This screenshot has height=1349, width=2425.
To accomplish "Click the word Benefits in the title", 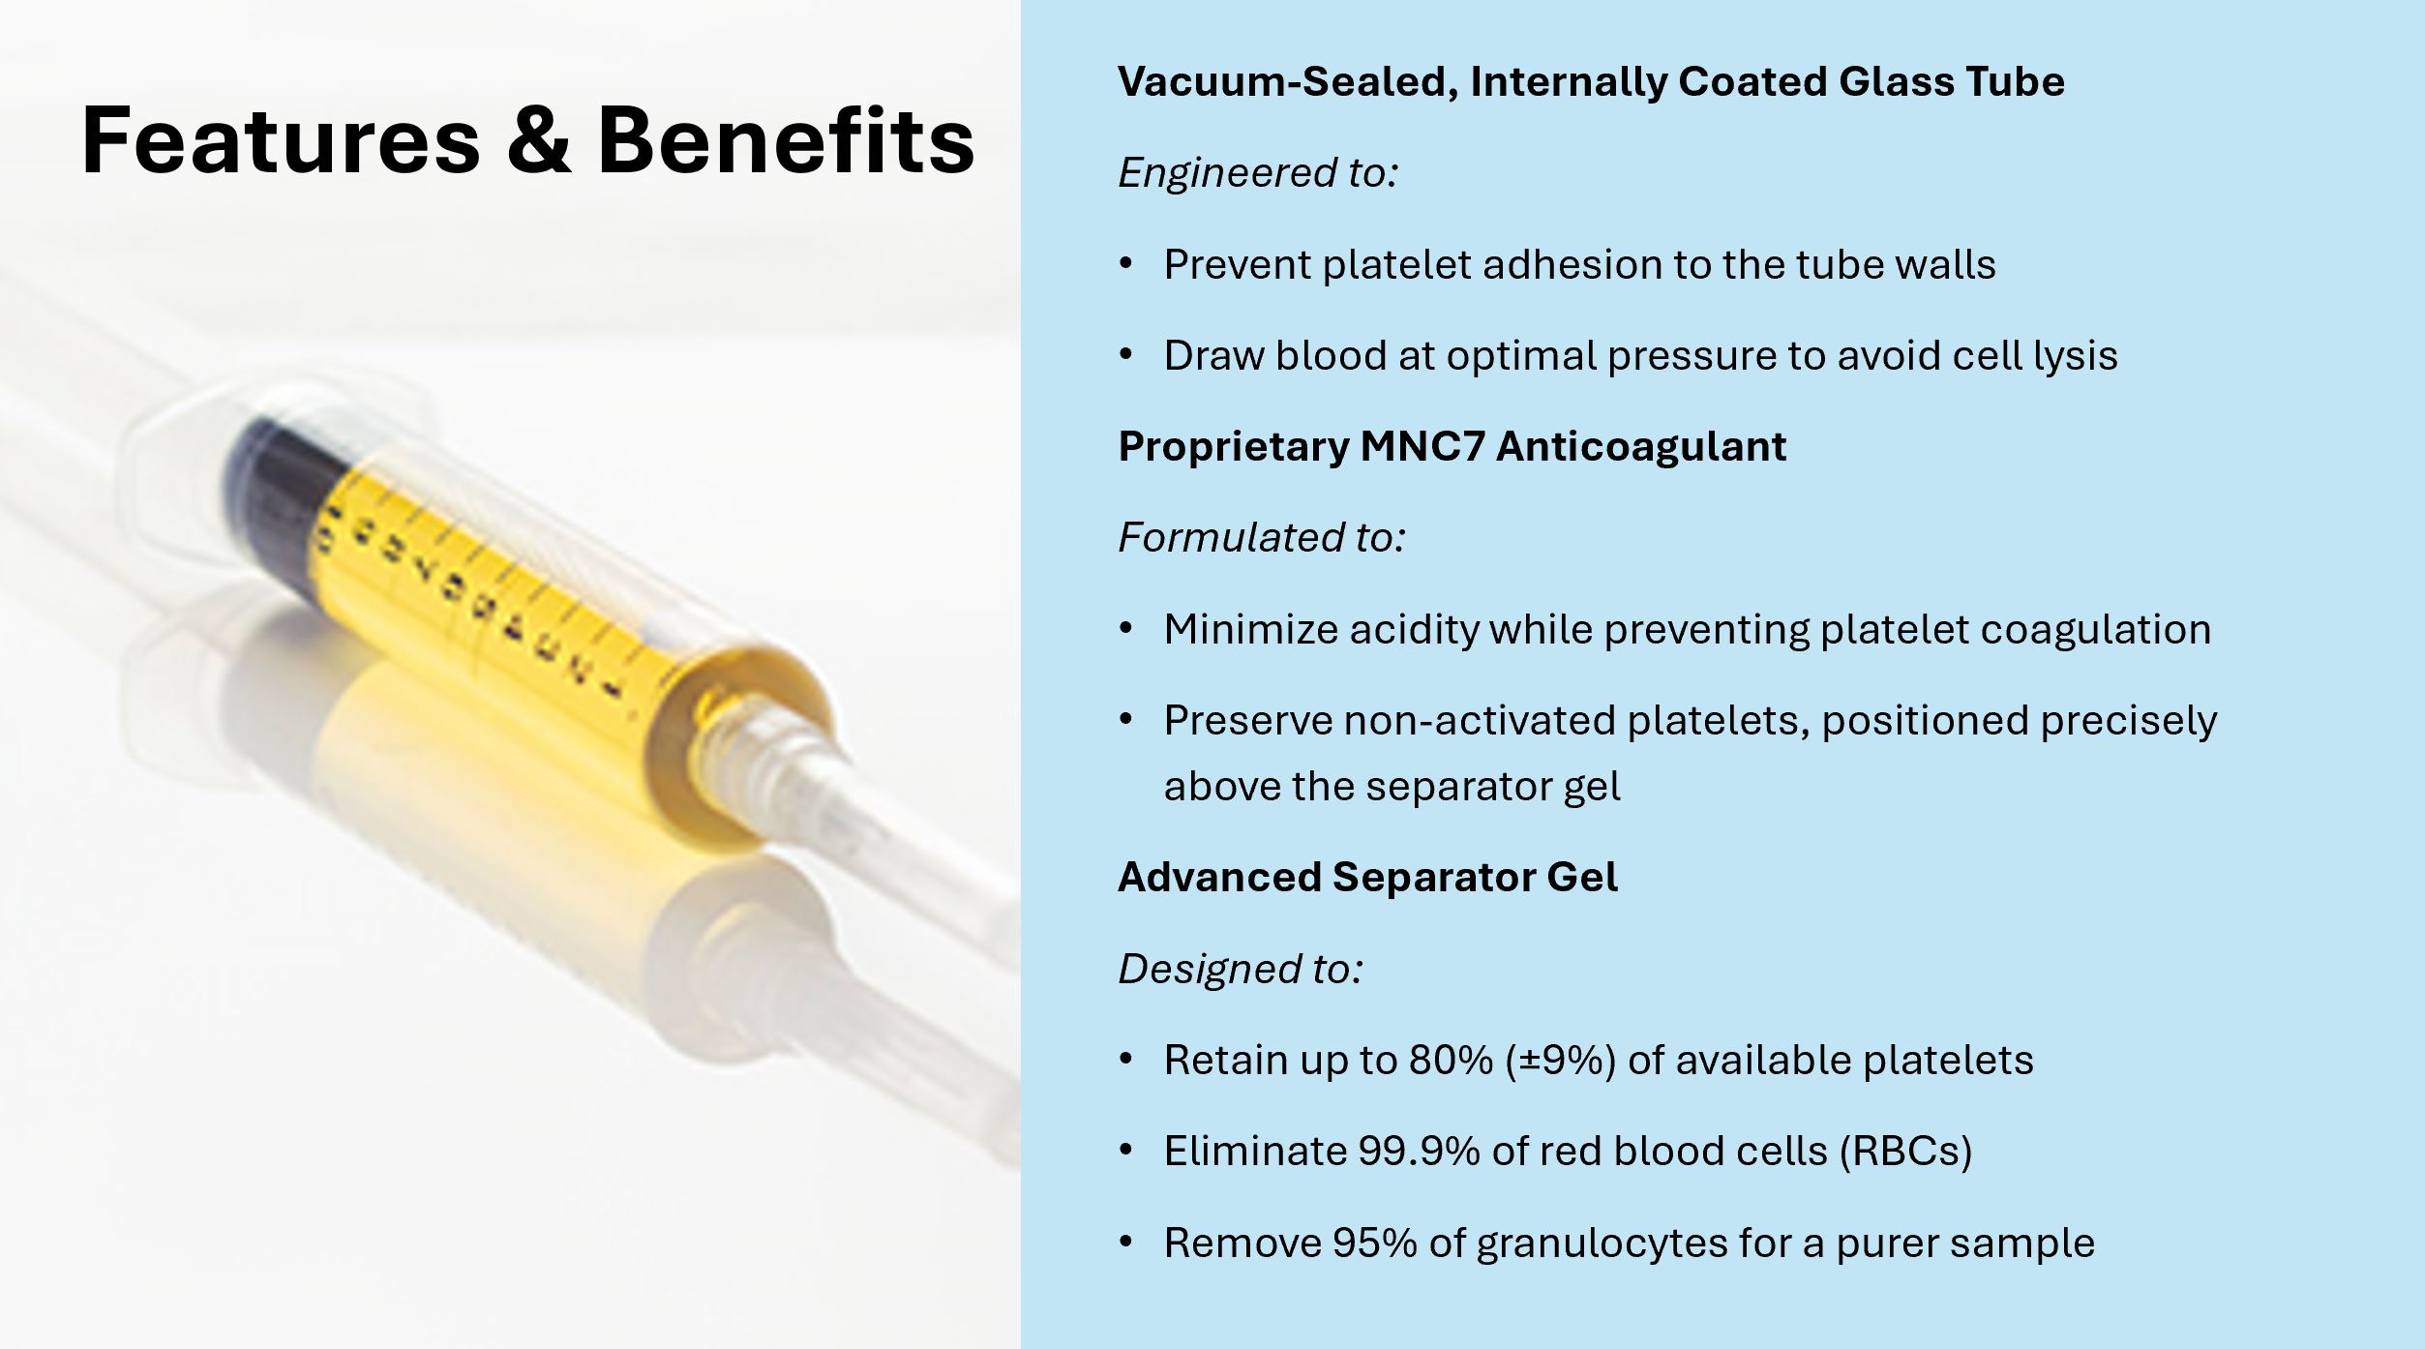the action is (x=786, y=140).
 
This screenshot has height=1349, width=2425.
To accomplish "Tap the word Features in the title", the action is (x=281, y=140).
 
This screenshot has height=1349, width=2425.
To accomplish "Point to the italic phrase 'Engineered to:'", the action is (x=1258, y=173).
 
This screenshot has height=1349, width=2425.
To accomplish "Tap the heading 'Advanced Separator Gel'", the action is (x=1367, y=877).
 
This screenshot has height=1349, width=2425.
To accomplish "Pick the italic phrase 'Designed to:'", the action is (x=1241, y=969).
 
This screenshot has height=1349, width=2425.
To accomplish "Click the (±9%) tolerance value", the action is (x=1561, y=1061).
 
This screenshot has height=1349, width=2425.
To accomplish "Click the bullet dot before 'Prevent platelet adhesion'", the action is (x=1125, y=264).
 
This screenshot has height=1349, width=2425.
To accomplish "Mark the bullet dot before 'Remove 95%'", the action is (x=1125, y=1242).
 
